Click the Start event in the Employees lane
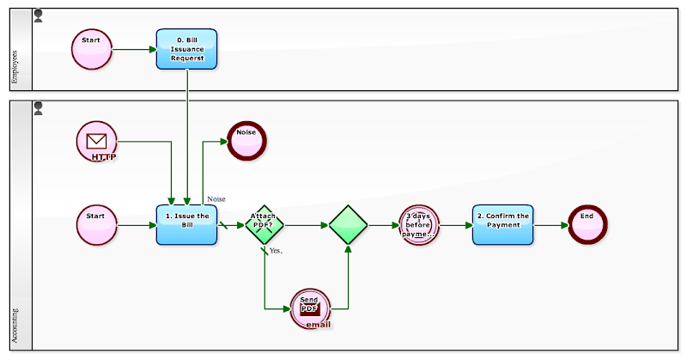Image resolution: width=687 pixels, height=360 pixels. click(x=92, y=49)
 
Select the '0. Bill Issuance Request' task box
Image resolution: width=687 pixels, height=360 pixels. click(x=186, y=49)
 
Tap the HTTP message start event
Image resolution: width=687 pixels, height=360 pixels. click(x=96, y=142)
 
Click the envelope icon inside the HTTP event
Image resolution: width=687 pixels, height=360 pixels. click(x=96, y=140)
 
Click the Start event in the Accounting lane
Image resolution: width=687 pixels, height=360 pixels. click(x=96, y=225)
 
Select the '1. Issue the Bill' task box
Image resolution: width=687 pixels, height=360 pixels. click(x=186, y=225)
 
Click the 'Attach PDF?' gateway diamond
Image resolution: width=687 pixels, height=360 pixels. click(x=264, y=225)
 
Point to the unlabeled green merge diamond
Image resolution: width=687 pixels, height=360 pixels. click(x=348, y=225)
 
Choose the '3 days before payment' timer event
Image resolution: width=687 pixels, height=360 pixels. click(x=419, y=225)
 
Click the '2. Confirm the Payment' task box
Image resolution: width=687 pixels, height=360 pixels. click(x=502, y=225)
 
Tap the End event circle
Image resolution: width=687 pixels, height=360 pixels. click(x=587, y=225)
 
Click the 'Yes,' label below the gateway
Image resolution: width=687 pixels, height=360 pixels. click(x=276, y=251)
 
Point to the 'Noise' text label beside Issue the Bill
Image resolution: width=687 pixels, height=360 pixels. click(x=216, y=198)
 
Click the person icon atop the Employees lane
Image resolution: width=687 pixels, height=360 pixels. click(x=38, y=15)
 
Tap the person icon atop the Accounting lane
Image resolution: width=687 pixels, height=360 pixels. click(x=38, y=108)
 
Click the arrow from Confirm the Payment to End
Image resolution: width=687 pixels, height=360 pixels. click(x=550, y=225)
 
